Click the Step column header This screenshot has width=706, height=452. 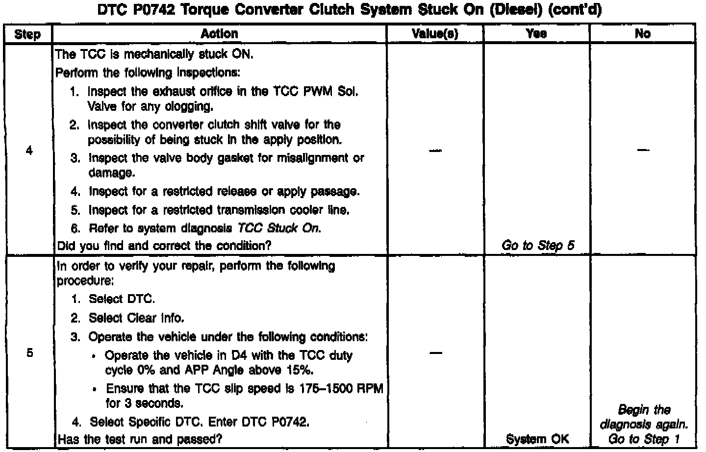tap(27, 34)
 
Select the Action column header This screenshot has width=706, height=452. tap(219, 34)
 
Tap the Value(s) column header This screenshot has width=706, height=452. tap(435, 34)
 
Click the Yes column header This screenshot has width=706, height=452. tap(536, 34)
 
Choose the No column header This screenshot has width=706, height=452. tap(642, 34)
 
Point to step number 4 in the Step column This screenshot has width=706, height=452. tap(29, 151)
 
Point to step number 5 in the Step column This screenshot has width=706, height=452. tap(29, 353)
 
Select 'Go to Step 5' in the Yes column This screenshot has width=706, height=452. tap(537, 246)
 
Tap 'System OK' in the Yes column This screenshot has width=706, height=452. tap(537, 439)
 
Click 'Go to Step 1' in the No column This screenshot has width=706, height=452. tap(644, 439)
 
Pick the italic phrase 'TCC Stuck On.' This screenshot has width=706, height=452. tap(279, 228)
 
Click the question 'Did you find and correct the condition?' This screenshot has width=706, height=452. tap(164, 246)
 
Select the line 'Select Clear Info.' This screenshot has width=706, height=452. tap(136, 318)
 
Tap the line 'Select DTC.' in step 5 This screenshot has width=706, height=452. tap(122, 299)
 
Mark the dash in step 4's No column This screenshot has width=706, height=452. tap(643, 151)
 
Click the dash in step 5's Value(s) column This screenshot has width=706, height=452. tap(435, 353)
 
